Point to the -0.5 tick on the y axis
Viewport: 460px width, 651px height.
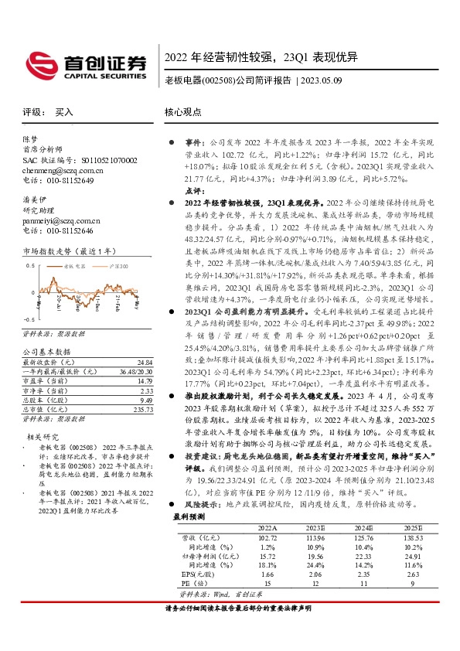[x=30, y=319]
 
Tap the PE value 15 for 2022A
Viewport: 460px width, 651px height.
[x=267, y=583]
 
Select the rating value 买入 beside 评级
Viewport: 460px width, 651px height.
[x=64, y=113]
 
